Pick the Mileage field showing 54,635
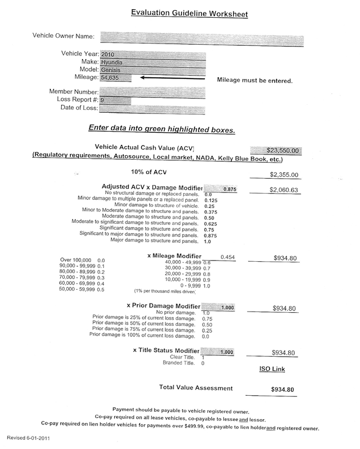(x=115, y=77)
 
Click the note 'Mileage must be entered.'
(x=255, y=80)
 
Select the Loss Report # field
(x=115, y=100)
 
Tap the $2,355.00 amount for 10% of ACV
(x=284, y=175)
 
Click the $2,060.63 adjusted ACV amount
(x=284, y=190)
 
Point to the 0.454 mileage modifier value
(x=228, y=257)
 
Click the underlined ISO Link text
(x=272, y=369)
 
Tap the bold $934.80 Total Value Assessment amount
(x=282, y=390)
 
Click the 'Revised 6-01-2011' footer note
(x=28, y=437)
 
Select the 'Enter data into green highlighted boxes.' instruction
(x=161, y=129)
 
